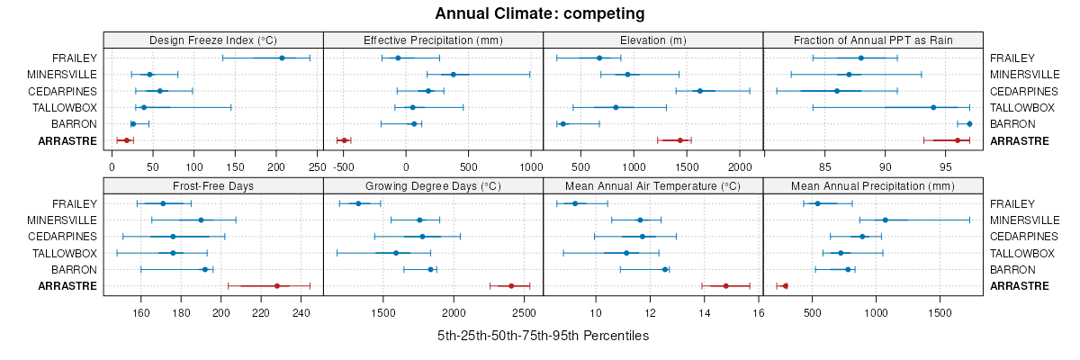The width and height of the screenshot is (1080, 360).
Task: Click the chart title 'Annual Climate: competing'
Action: (539, 13)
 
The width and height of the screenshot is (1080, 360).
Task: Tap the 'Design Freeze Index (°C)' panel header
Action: (212, 40)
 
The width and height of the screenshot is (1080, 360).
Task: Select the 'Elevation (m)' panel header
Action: (652, 40)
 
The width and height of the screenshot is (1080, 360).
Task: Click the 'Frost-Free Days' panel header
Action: (212, 186)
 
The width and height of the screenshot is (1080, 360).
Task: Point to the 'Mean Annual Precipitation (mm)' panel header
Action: (873, 186)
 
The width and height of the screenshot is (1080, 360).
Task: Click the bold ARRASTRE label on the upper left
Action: (67, 140)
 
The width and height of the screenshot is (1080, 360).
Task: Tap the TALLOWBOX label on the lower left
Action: (65, 253)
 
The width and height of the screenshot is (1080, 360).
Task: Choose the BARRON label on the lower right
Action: (1012, 269)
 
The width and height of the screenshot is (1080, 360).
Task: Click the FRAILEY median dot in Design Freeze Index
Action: (282, 58)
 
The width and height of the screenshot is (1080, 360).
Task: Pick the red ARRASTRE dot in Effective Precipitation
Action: (344, 140)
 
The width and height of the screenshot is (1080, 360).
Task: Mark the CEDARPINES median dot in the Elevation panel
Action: (699, 91)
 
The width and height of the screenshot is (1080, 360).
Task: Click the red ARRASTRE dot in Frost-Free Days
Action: (277, 286)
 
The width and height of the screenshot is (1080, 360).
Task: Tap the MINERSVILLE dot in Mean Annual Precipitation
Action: (886, 220)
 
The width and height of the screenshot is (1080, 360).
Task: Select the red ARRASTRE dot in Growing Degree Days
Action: (511, 286)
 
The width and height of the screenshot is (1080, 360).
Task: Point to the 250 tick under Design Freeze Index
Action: (317, 166)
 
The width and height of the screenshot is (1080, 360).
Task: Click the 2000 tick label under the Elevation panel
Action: (739, 166)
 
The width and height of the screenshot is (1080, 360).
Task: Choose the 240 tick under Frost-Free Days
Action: (301, 312)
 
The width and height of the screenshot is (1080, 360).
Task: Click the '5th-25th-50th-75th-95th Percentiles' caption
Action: (543, 336)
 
